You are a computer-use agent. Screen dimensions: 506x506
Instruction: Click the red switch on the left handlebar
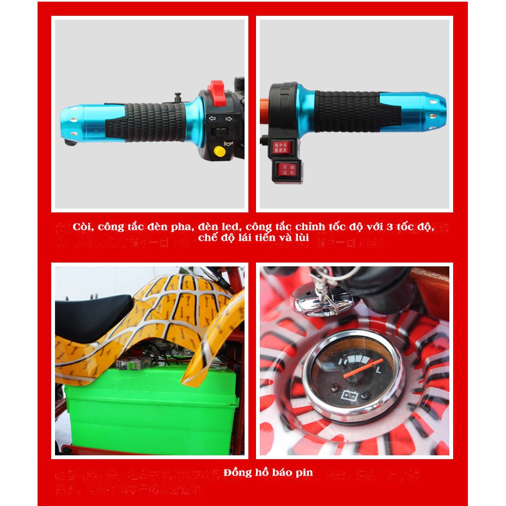(216, 88)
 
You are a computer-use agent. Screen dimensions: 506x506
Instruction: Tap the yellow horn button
(219, 150)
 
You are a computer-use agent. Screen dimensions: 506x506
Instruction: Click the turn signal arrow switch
(221, 119)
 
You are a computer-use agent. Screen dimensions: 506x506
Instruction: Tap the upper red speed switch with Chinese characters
(282, 147)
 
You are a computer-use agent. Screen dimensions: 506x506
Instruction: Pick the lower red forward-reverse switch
(283, 170)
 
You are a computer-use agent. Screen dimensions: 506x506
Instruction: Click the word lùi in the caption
(301, 238)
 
